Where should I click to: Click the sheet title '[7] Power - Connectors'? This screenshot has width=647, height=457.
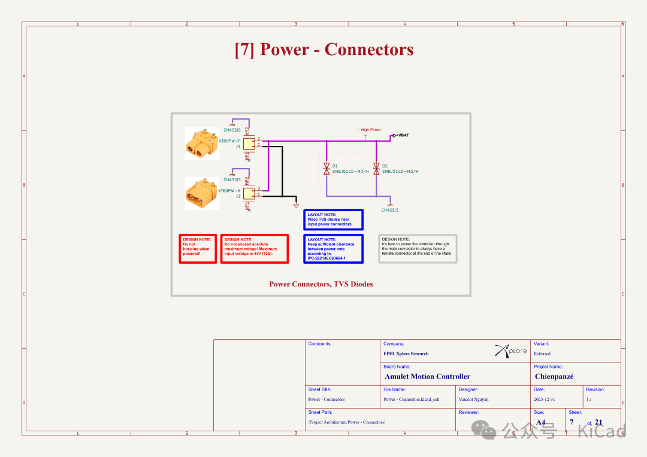[323, 50]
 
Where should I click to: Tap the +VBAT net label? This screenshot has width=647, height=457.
[403, 135]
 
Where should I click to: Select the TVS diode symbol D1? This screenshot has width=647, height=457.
[326, 169]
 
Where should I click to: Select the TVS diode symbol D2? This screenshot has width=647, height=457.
[376, 169]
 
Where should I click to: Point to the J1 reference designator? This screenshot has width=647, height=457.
[238, 147]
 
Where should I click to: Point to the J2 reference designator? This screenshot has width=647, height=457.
[238, 196]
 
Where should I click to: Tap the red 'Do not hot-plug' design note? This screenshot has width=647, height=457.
[198, 248]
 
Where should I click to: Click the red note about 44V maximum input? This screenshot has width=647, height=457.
[254, 248]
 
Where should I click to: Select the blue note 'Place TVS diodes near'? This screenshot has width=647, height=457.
[333, 220]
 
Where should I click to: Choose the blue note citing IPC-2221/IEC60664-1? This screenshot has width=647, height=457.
[333, 249]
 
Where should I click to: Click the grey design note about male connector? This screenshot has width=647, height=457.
[418, 248]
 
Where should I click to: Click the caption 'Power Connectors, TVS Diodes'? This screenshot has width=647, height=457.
[321, 284]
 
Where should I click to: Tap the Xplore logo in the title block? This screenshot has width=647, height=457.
[511, 351]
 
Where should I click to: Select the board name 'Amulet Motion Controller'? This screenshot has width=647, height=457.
[427, 377]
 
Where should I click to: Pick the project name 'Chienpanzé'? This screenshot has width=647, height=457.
[554, 377]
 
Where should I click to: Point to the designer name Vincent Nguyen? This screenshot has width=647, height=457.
[473, 399]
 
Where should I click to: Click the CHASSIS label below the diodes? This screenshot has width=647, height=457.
[390, 210]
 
